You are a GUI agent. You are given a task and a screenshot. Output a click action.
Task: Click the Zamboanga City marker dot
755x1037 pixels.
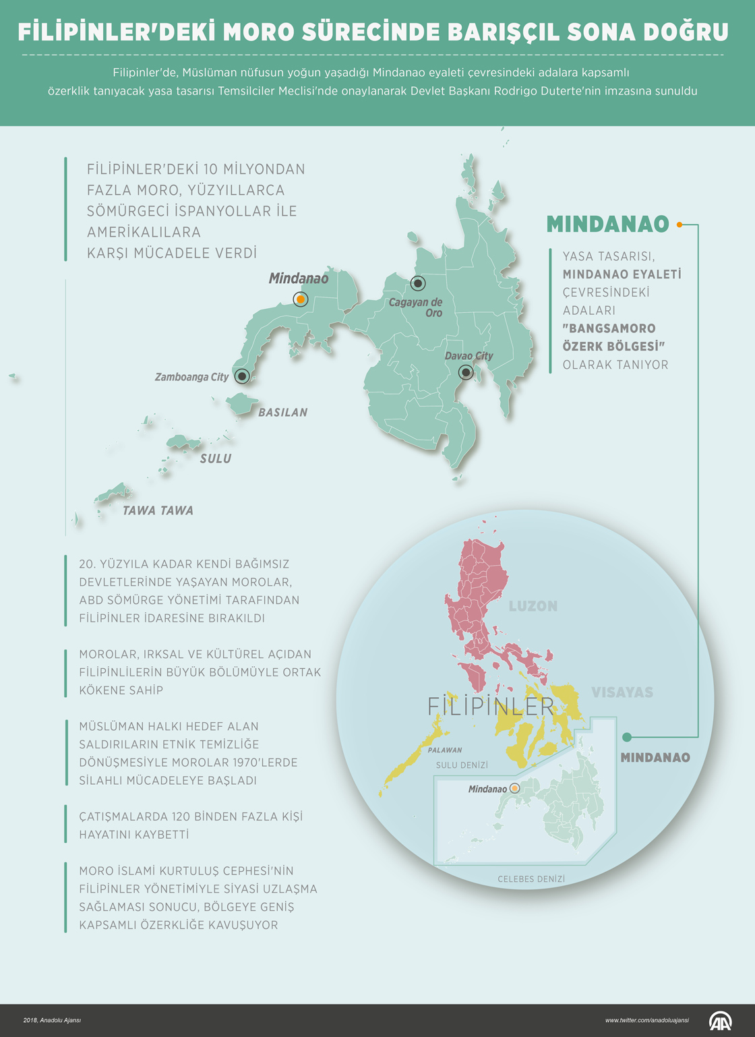click(x=241, y=376)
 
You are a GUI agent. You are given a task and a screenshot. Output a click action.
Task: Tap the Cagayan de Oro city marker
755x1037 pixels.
click(x=418, y=283)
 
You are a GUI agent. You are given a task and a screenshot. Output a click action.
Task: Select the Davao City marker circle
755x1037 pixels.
click(x=466, y=372)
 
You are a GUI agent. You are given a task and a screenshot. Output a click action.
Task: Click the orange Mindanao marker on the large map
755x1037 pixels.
click(x=301, y=299)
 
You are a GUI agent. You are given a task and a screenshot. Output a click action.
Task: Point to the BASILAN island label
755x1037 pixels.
click(x=282, y=413)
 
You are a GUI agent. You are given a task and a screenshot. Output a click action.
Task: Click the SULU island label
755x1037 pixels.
click(x=216, y=458)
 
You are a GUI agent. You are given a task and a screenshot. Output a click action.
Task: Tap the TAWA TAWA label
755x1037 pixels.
click(x=158, y=510)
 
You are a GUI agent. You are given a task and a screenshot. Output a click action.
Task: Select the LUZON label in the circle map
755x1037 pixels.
click(x=533, y=606)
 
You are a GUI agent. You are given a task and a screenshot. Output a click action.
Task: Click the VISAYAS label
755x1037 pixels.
click(x=622, y=692)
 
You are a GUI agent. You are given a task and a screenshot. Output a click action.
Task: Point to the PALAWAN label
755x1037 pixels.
click(x=445, y=750)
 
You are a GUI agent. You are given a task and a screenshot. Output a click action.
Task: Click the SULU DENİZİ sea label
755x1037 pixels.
click(x=462, y=765)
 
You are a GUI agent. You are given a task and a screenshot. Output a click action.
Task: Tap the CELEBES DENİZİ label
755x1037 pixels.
click(x=531, y=879)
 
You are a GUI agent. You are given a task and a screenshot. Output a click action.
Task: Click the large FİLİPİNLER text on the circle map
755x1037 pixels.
click(x=491, y=707)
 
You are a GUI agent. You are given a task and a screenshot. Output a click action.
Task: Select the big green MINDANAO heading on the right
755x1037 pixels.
click(x=607, y=225)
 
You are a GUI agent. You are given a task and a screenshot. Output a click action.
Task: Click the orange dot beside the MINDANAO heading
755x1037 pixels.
click(x=679, y=225)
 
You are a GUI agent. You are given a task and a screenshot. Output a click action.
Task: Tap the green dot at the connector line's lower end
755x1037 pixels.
click(x=627, y=737)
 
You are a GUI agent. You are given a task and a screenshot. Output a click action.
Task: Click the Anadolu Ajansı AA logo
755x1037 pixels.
click(x=720, y=1020)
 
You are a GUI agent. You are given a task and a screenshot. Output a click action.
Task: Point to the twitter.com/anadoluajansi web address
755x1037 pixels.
click(x=646, y=1020)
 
